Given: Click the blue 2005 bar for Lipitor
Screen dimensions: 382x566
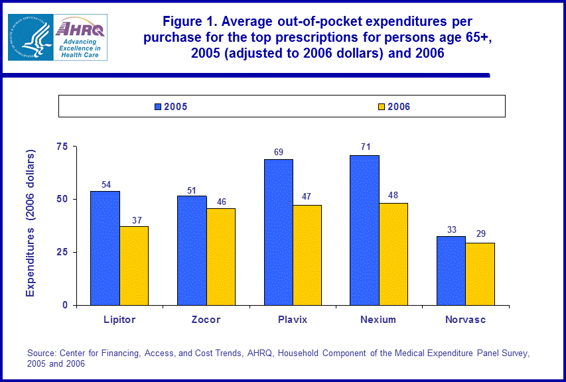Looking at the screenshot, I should point(106,248).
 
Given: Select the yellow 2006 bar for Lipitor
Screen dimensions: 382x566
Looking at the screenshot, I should point(134,265).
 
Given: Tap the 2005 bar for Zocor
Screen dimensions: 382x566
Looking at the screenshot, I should point(192,251).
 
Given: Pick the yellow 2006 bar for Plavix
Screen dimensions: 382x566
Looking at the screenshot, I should point(307,255).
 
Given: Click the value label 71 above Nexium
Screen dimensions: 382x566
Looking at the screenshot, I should point(366,147).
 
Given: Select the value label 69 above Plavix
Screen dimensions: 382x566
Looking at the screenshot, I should point(279,152).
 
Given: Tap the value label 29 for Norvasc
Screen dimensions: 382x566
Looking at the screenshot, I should point(480,234).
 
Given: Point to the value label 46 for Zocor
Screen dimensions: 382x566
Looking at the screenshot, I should point(221,200).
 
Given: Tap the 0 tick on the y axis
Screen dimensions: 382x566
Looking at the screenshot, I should point(66,305).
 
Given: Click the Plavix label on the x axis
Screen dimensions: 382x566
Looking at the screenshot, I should point(293,320).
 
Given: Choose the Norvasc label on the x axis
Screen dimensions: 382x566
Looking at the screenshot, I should point(465,320).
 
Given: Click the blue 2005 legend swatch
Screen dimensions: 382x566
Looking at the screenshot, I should point(158,106).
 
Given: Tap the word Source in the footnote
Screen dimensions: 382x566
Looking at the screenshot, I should point(42,353).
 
